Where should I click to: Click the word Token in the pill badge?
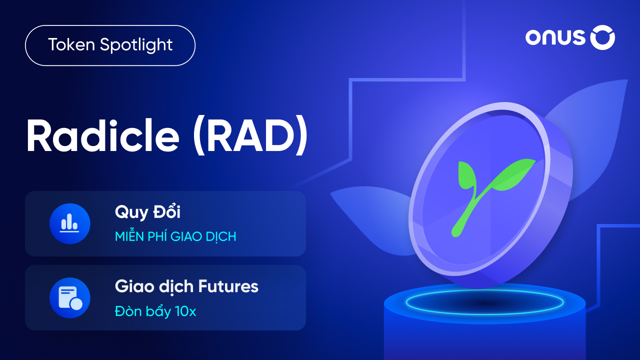pos(71,44)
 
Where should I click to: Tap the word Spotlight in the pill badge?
pos(136,45)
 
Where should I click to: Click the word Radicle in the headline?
pos(103,135)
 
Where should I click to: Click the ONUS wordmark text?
pos(555,38)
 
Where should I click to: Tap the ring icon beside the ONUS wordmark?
pos(602,37)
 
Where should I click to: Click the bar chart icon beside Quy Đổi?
pos(69,223)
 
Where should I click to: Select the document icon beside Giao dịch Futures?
pos(69,297)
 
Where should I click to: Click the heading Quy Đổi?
pos(147,212)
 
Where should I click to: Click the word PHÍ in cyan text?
pos(158,236)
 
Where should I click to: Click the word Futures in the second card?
pos(228,286)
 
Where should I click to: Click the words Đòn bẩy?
pos(143,311)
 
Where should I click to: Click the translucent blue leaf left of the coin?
pos(371,217)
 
